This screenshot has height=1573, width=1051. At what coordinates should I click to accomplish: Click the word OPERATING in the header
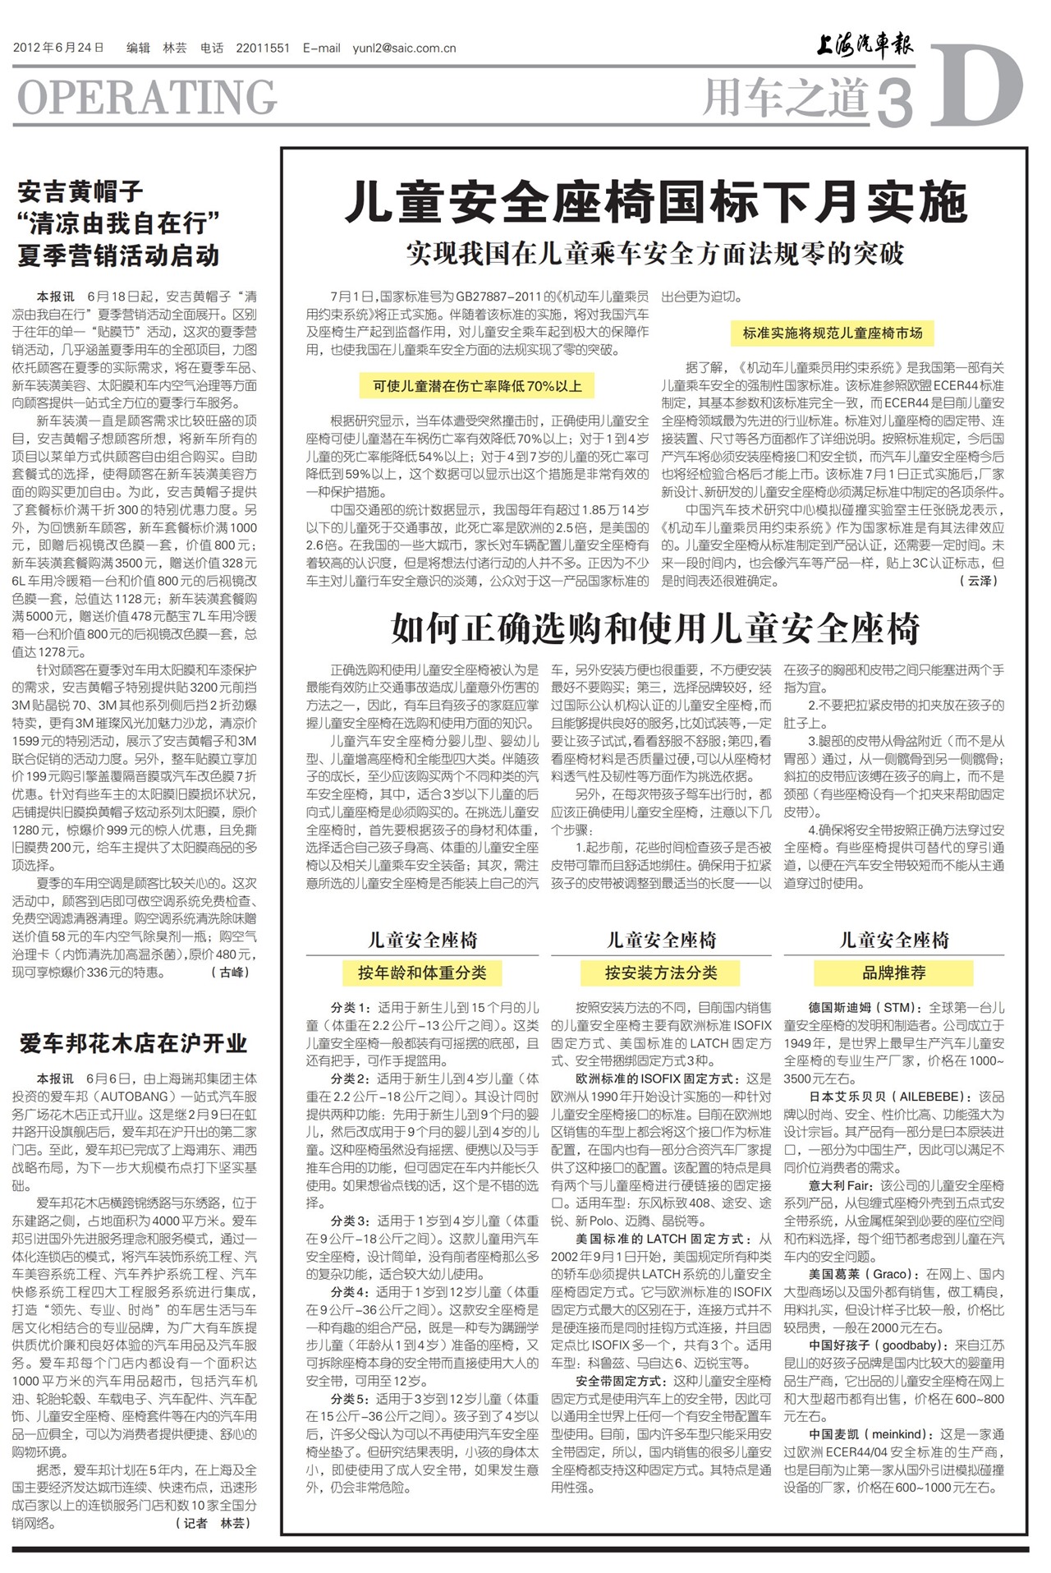147,98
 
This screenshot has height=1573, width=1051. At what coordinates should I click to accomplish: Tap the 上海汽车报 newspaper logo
864,45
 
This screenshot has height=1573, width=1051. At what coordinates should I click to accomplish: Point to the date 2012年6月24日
58,48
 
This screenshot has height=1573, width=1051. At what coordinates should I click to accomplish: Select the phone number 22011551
263,48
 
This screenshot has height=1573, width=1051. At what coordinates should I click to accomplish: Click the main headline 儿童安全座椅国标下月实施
655,203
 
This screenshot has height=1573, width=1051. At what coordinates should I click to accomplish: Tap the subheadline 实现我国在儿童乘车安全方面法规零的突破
654,253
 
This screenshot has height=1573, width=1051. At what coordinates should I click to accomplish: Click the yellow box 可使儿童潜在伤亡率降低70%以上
477,386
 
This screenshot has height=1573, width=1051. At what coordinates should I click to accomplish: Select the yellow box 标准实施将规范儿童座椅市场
833,333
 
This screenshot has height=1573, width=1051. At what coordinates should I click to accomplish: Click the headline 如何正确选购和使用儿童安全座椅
654,629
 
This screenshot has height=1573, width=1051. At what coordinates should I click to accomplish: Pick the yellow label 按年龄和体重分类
422,973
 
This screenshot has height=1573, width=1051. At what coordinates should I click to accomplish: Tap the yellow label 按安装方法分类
661,973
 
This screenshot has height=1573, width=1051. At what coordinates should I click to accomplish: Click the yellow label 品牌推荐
893,973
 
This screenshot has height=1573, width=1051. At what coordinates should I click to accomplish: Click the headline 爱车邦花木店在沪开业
133,1043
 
